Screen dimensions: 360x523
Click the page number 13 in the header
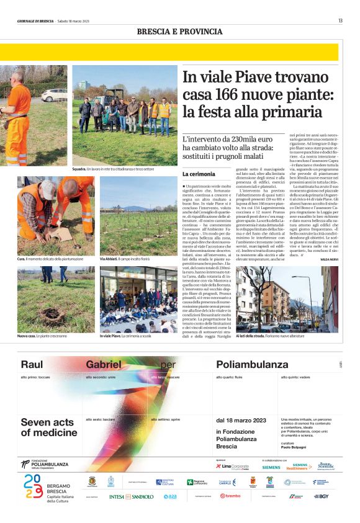[x=340, y=20]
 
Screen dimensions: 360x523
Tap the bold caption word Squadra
[x=79, y=169]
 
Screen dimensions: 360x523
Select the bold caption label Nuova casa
[x=27, y=336]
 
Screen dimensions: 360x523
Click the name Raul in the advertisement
[x=32, y=364]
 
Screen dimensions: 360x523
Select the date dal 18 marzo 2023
[x=241, y=421]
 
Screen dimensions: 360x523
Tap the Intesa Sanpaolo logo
[x=131, y=496]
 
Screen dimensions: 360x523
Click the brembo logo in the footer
[x=230, y=496]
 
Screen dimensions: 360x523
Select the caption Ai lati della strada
[x=251, y=335]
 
